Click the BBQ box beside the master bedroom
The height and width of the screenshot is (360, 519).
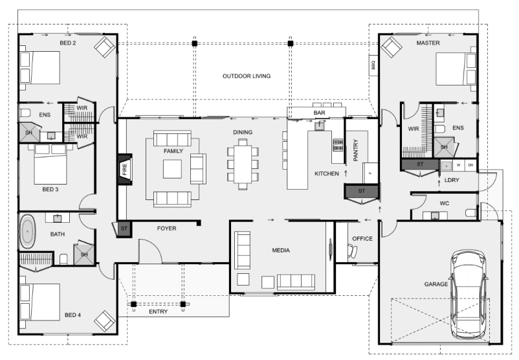click(x=373, y=65)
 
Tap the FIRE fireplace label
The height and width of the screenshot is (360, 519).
click(x=125, y=169)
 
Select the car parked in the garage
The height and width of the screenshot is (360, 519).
click(x=469, y=294)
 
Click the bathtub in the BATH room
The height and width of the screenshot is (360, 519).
click(x=28, y=232)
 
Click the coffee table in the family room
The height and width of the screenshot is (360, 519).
click(x=172, y=169)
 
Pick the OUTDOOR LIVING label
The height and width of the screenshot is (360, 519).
click(x=247, y=76)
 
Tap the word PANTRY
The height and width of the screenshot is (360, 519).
click(x=356, y=150)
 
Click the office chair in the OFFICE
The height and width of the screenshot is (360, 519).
click(x=351, y=251)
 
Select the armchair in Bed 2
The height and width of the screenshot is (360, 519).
click(x=105, y=47)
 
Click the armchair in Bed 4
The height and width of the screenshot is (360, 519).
click(x=105, y=321)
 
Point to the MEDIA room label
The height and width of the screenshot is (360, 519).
click(x=281, y=251)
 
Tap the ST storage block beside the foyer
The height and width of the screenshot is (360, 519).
click(x=124, y=229)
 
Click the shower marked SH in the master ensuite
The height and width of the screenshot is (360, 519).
click(x=444, y=147)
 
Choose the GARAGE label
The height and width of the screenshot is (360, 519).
click(x=436, y=284)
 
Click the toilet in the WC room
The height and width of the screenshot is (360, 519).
click(x=470, y=212)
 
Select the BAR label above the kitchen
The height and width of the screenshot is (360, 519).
click(x=320, y=113)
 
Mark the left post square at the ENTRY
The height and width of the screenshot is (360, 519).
click(x=133, y=304)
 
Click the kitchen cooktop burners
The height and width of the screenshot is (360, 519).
click(x=338, y=145)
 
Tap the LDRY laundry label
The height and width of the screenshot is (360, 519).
click(x=452, y=180)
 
